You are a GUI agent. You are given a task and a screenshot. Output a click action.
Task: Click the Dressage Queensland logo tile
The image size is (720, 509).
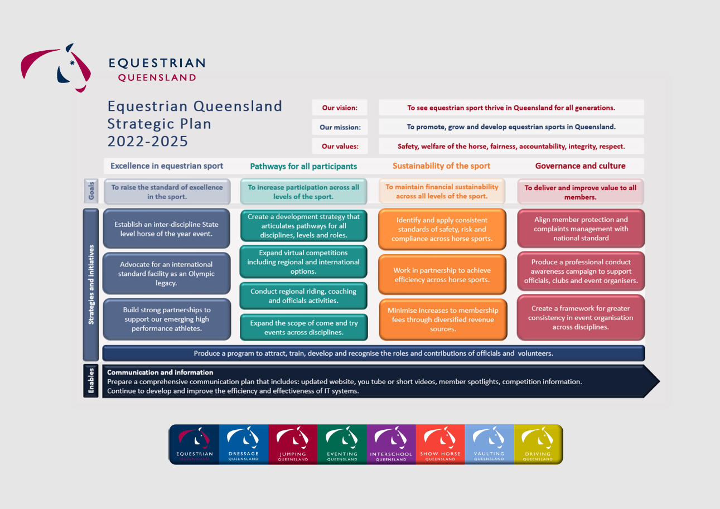point(244,444)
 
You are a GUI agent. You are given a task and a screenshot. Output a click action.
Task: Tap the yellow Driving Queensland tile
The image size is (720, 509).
point(538,444)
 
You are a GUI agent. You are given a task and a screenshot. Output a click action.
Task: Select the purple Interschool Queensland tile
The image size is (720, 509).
point(391,444)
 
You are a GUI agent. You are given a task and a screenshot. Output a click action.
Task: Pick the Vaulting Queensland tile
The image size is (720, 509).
point(489,444)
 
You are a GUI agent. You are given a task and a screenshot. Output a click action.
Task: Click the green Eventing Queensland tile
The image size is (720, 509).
point(342,444)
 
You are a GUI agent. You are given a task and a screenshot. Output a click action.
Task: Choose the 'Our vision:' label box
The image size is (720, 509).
point(340,108)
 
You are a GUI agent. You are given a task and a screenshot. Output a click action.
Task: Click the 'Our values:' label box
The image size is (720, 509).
point(340,146)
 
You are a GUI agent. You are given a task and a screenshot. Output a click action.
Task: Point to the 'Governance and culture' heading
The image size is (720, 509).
point(580,166)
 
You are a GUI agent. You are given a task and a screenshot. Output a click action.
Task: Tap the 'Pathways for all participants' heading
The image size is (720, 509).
point(303,166)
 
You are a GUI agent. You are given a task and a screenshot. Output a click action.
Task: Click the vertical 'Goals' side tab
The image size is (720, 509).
point(91,191)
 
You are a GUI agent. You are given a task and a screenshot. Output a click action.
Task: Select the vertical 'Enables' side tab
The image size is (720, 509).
point(91,381)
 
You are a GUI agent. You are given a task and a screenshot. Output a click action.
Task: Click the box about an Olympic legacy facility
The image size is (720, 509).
point(167,274)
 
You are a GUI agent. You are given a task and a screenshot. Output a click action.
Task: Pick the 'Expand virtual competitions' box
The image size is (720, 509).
point(303,262)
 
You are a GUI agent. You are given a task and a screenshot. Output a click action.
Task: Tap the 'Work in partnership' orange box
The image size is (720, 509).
point(442,275)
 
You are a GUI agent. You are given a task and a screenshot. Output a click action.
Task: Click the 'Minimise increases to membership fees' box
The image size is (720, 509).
point(443,319)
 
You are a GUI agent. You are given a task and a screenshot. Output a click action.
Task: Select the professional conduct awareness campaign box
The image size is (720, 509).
point(581,271)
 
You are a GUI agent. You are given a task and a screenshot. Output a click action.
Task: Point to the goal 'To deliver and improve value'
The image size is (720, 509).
point(581,192)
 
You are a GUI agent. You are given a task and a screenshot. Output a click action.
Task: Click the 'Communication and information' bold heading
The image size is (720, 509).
point(160,372)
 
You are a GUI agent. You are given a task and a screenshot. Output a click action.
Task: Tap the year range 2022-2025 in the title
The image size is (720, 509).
point(148,142)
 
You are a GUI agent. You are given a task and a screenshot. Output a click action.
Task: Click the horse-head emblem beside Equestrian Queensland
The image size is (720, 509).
point(56,68)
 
